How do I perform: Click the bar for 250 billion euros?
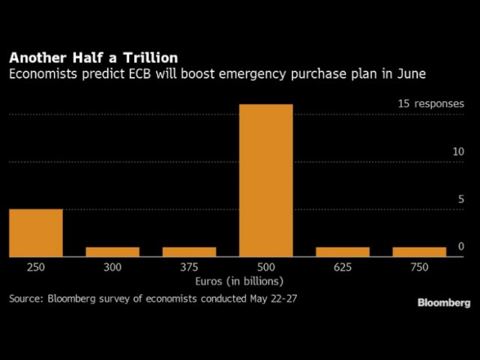36,232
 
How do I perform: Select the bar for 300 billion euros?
112,252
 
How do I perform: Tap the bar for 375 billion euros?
189,252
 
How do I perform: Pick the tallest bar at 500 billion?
265,180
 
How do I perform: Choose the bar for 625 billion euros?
343,252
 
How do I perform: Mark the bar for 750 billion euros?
419,252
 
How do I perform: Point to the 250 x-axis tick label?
36,266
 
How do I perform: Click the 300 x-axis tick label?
112,266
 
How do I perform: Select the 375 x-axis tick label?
189,266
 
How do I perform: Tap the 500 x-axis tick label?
265,266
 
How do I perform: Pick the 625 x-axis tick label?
343,266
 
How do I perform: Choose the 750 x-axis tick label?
419,266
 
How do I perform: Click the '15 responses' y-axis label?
431,104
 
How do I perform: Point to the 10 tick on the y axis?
458,152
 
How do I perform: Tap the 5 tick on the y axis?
460,199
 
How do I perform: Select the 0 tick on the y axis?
461,247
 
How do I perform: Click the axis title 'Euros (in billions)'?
236,281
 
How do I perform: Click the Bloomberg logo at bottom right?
444,302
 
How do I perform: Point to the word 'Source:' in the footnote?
26,298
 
